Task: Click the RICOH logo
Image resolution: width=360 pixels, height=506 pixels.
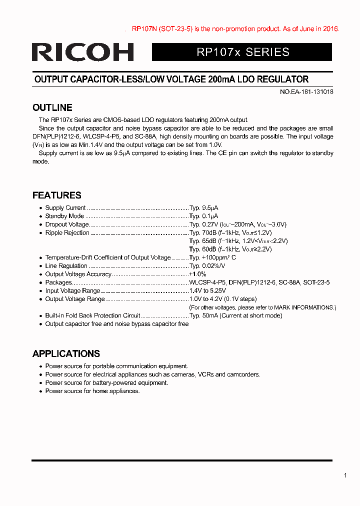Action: click(83, 52)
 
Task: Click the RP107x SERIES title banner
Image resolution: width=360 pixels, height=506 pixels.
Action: click(242, 52)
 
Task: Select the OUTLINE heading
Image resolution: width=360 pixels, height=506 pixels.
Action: click(52, 107)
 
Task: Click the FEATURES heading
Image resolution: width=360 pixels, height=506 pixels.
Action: click(57, 195)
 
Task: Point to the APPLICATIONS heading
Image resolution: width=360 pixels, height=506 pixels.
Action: click(66, 353)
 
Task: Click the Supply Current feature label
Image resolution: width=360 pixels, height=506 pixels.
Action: click(65, 208)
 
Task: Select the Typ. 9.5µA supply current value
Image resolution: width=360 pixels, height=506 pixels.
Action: click(204, 208)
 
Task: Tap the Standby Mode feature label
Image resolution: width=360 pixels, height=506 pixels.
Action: click(64, 216)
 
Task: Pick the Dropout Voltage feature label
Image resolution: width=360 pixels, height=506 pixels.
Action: click(67, 224)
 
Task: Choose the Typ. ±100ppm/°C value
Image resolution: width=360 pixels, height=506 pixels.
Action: click(212, 257)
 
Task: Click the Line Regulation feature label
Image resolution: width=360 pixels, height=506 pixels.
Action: click(66, 266)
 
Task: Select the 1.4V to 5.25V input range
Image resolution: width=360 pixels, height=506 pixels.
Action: click(207, 290)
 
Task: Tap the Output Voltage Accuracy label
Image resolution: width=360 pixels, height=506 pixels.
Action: click(78, 274)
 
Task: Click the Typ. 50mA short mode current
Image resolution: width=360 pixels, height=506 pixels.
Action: click(235, 315)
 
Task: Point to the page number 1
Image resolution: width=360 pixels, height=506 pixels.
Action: click(345, 475)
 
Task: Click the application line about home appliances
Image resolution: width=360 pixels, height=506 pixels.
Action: click(92, 391)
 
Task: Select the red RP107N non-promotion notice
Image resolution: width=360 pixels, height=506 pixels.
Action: click(235, 29)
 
